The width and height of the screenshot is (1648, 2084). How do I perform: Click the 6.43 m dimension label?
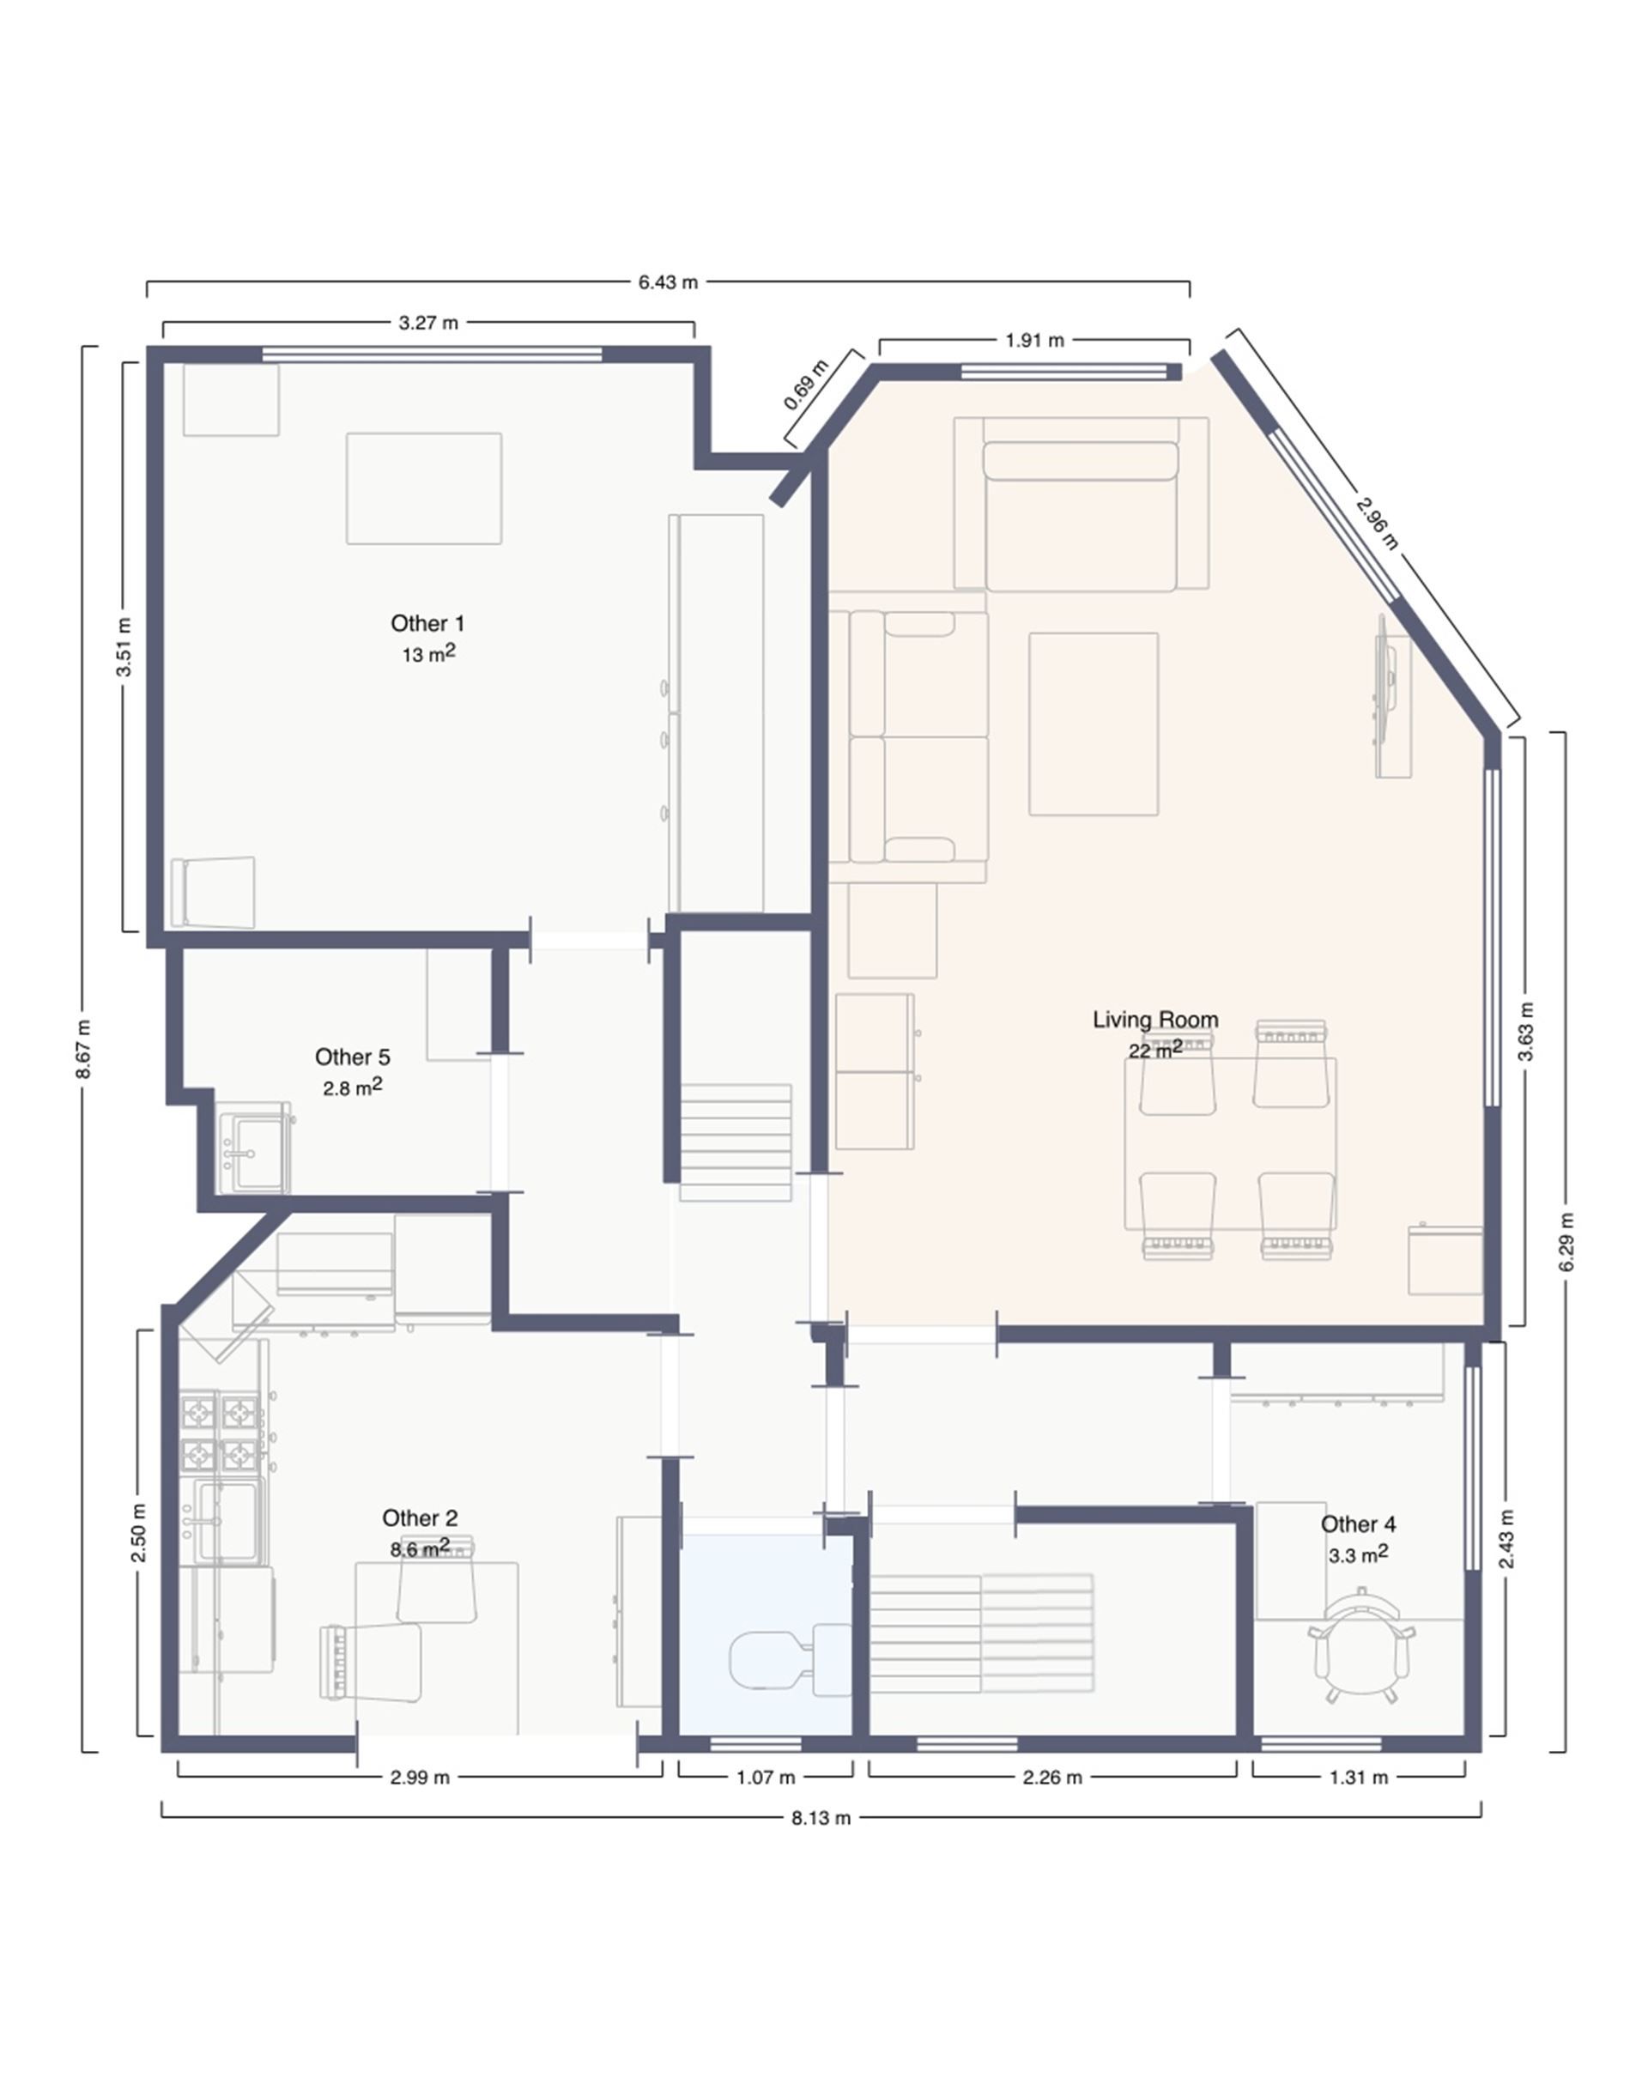click(668, 282)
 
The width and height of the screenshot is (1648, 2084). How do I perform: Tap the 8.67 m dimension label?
click(84, 1049)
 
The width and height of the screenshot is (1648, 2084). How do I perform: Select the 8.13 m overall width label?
click(821, 1819)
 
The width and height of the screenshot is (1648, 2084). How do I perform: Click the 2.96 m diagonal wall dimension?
click(1377, 522)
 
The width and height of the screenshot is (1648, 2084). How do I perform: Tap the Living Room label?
click(1155, 1020)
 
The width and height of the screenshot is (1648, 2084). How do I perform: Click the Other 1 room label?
click(427, 623)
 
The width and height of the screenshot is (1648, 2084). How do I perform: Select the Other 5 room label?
click(352, 1057)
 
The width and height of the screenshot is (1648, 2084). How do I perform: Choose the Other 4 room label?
click(1358, 1524)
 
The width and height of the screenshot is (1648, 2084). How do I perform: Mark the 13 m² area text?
click(427, 653)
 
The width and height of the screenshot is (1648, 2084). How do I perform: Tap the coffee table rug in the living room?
click(1094, 724)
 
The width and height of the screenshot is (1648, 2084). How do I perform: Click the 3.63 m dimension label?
click(1526, 1032)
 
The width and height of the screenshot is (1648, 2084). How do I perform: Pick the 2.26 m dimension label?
click(1051, 1778)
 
